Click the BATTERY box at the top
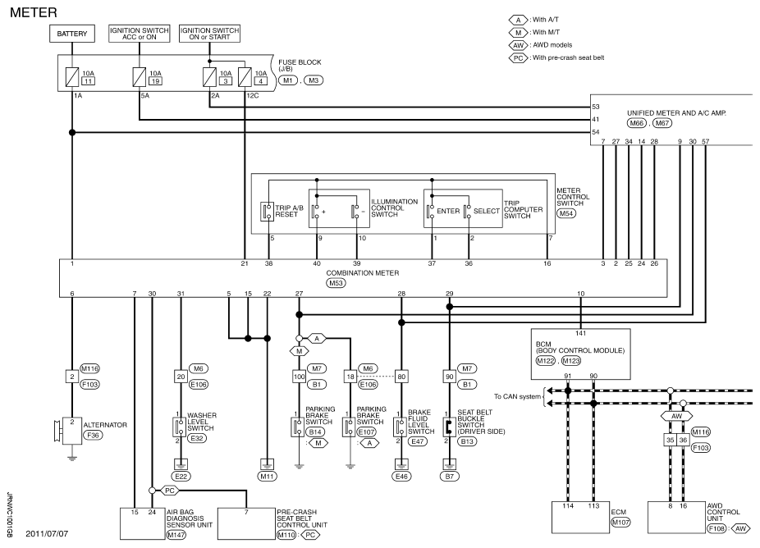[x=72, y=34]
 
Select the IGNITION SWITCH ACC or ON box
[x=139, y=34]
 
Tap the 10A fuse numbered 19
[x=139, y=77]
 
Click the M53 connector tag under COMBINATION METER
[x=336, y=283]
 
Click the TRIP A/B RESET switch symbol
[x=267, y=212]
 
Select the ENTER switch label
[x=448, y=212]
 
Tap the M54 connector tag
[x=566, y=213]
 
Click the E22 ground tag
[x=181, y=477]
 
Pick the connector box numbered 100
[x=299, y=377]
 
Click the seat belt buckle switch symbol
[x=449, y=427]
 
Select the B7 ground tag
[x=449, y=477]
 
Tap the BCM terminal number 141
[x=580, y=333]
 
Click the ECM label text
[x=619, y=512]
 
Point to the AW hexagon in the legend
[x=518, y=45]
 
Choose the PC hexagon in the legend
[x=518, y=57]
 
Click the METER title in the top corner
[x=34, y=12]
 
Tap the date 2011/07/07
[x=47, y=533]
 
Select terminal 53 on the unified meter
[x=596, y=107]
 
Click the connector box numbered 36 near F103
[x=683, y=440]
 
